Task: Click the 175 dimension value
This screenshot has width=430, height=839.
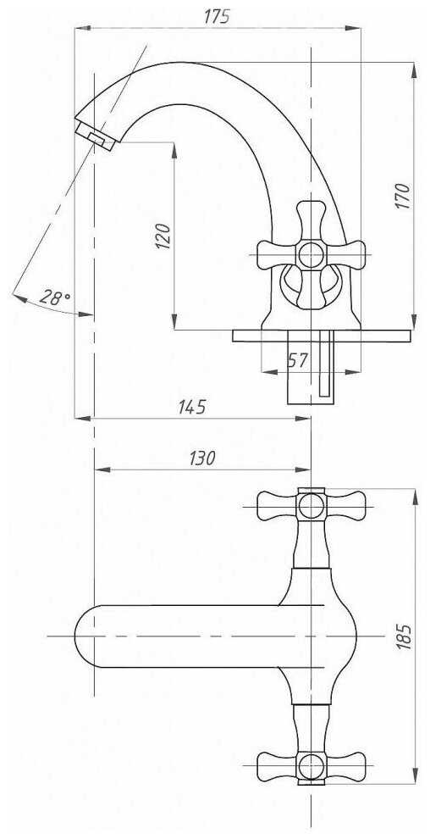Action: [217, 16]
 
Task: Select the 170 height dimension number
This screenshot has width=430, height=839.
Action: [404, 197]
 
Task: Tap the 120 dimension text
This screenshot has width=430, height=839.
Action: [163, 236]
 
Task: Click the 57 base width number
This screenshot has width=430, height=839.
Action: [298, 360]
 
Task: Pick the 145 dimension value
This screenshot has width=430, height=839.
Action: [192, 407]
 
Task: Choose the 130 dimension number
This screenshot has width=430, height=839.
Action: [202, 458]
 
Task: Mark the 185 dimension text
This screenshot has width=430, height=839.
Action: [405, 636]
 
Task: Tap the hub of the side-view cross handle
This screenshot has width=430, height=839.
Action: [311, 255]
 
